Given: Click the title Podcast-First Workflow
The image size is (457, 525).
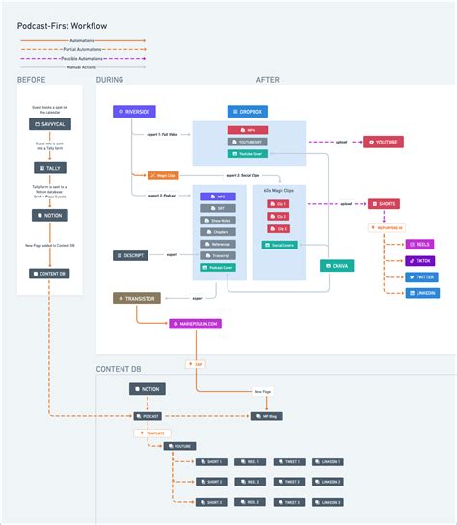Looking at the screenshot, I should coord(63,24).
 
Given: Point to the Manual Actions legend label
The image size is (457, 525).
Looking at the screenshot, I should coord(80,67).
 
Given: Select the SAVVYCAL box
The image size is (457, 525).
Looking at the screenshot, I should coord(48,125).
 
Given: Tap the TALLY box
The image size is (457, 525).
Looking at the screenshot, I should coord(48,168).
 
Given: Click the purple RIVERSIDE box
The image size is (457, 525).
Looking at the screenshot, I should coord(134,112).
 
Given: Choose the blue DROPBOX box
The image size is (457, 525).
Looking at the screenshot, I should coord(247,112).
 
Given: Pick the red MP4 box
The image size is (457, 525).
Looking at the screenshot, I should coord(248,129).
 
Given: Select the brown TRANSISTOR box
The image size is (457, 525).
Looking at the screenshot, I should coord(137,300).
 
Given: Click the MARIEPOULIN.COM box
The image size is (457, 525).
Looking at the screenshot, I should coord(195,324).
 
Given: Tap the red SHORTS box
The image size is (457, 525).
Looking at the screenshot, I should coord(385,203).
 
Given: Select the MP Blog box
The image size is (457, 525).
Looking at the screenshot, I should coord(267,416).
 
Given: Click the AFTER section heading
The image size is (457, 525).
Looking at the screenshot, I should coord(268,80).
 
